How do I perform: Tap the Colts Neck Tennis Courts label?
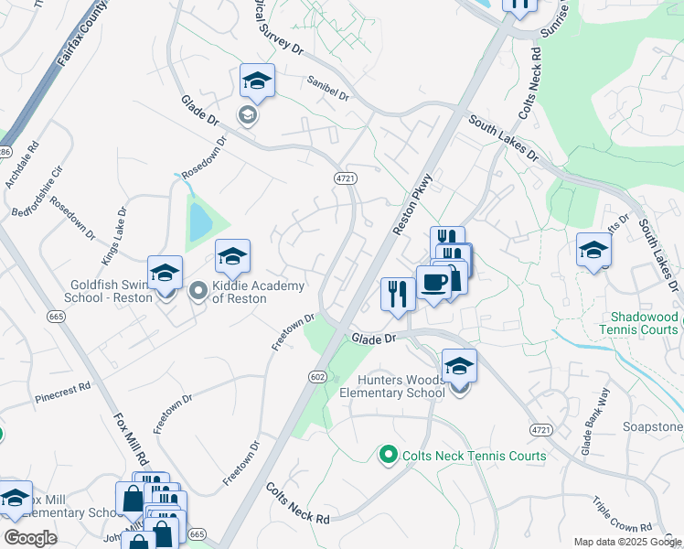475,456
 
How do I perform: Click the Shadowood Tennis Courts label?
639,322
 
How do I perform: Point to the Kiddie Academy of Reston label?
258,292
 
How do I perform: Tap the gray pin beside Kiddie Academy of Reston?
198,292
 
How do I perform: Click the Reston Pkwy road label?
411,204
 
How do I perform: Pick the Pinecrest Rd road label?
62,393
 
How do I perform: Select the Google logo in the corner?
30,537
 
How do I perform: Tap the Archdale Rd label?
21,165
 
